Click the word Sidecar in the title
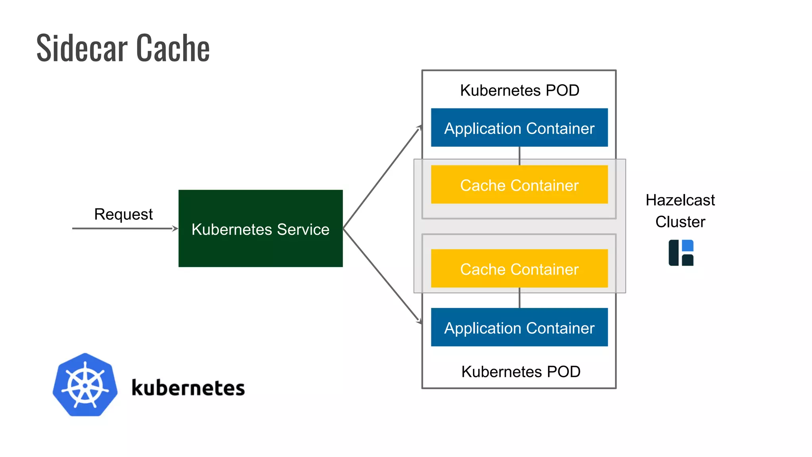(82, 48)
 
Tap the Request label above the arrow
(123, 214)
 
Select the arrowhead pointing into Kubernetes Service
(175, 228)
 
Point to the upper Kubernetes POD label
(519, 90)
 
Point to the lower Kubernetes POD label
(521, 372)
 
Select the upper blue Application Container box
(519, 128)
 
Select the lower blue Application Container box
(519, 327)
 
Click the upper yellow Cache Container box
(519, 185)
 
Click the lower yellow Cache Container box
(519, 269)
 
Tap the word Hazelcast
(680, 200)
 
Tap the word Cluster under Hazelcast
(680, 222)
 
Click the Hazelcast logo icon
(681, 253)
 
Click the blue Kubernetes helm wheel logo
(85, 385)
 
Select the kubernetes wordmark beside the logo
(188, 388)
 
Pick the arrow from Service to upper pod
(381, 179)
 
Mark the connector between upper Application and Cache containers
(519, 156)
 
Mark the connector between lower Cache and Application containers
(519, 298)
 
